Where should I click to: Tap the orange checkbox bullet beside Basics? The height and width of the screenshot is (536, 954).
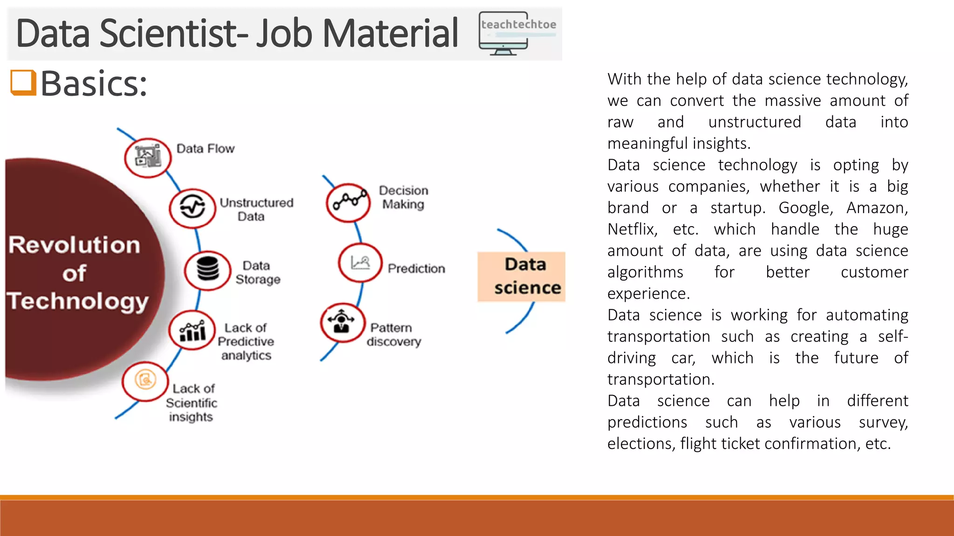[23, 83]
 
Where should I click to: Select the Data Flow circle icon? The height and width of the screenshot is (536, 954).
[148, 157]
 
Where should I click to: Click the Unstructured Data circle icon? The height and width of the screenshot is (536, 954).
[192, 208]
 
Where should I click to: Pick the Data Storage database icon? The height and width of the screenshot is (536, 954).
[207, 270]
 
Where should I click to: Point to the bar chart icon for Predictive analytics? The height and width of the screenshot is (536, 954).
[192, 330]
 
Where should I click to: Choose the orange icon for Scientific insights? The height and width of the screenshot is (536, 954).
[145, 381]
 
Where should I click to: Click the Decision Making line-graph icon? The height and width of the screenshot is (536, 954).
[349, 202]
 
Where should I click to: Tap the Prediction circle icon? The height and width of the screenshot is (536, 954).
[360, 263]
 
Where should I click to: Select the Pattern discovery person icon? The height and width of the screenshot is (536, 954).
[342, 322]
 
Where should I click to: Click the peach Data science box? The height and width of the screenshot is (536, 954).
[522, 276]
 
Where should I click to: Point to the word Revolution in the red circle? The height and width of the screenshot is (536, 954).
[75, 245]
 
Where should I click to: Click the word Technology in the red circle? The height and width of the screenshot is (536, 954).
[78, 301]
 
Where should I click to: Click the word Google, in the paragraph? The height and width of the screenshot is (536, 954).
[806, 208]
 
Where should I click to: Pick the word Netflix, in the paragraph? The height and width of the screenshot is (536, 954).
[633, 229]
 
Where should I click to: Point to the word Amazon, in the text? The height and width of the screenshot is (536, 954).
[877, 208]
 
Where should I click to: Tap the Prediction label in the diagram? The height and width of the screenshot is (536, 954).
[416, 268]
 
